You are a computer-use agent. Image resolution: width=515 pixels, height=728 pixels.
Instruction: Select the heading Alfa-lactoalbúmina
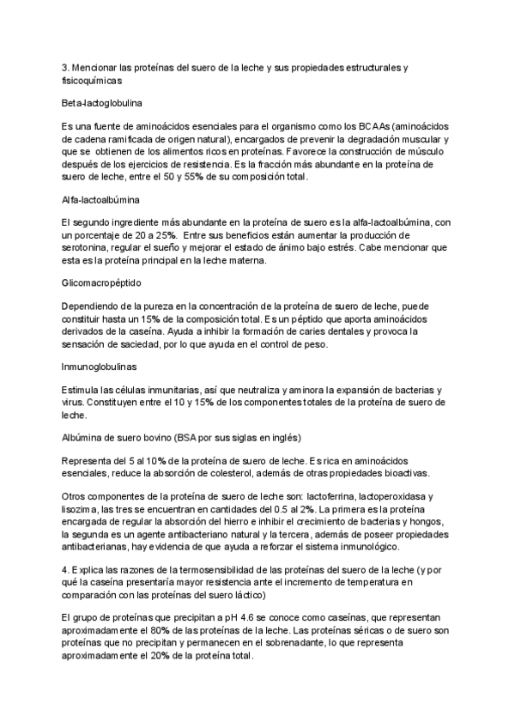pyautogui.click(x=94, y=198)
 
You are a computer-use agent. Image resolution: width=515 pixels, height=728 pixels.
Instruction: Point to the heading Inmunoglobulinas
pyautogui.click(x=94, y=365)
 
